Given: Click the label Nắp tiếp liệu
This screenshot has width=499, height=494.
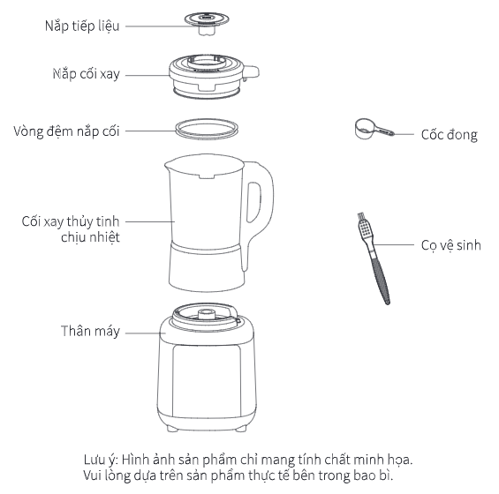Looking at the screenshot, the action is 82,26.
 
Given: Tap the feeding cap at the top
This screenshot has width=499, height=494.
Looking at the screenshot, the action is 207,23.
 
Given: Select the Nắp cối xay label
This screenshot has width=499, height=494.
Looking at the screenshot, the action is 87,74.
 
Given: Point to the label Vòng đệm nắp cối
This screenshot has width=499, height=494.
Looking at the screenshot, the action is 66,131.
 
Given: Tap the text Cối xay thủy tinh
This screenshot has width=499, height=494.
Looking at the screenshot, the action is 71,221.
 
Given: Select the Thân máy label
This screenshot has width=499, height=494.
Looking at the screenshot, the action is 90,331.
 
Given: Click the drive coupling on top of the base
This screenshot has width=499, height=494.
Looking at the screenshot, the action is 207,314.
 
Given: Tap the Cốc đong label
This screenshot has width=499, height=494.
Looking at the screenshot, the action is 450,134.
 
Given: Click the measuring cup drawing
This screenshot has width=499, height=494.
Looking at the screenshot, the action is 374,129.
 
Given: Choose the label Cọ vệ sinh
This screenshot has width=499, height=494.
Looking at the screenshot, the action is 451,245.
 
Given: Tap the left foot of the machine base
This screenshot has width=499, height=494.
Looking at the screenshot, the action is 172,429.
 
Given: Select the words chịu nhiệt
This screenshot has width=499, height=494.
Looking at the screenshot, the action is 90,237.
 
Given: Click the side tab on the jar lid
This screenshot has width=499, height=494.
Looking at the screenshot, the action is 252,72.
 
